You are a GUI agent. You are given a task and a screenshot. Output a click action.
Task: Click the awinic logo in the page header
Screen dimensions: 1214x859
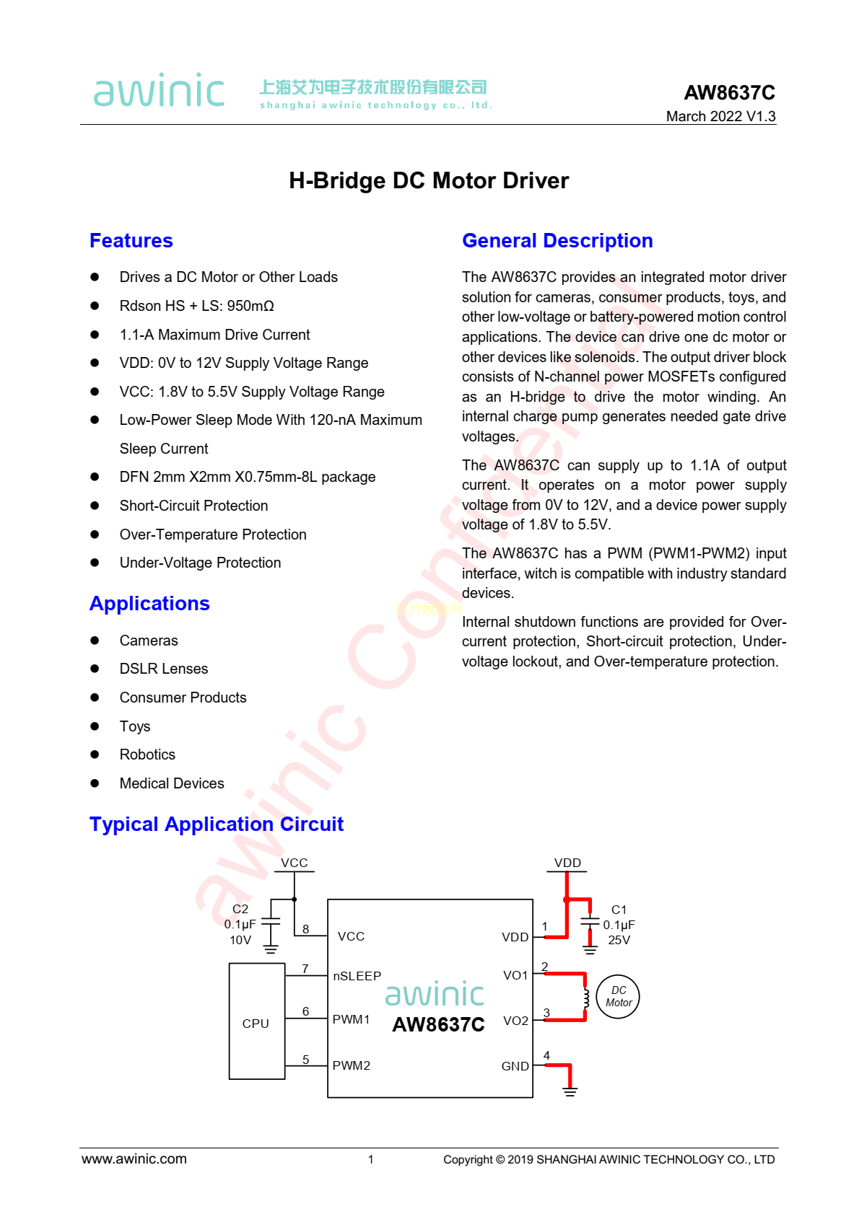(159, 91)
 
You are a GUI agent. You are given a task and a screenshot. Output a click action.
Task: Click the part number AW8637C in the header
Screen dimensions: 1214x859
(729, 93)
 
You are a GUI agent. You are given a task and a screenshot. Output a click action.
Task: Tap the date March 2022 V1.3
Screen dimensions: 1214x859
(720, 116)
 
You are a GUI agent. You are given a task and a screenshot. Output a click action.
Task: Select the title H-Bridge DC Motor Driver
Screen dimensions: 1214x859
(429, 180)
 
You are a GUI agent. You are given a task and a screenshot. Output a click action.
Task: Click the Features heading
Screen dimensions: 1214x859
(131, 241)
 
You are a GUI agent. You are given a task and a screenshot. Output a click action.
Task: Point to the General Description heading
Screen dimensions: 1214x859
(557, 241)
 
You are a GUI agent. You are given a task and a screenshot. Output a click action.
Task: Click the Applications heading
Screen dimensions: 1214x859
(149, 604)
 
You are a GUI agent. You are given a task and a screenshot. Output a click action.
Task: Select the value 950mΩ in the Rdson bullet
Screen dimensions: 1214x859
(250, 306)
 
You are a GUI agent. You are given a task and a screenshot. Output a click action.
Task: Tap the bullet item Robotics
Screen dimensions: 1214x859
(147, 755)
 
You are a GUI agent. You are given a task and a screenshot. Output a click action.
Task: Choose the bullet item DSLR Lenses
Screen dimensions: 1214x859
(164, 669)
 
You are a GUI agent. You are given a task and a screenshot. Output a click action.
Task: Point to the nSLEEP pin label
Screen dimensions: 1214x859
(357, 976)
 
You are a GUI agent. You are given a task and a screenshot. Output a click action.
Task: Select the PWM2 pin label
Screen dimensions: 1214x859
(351, 1065)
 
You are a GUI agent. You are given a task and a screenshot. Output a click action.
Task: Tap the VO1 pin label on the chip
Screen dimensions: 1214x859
(515, 975)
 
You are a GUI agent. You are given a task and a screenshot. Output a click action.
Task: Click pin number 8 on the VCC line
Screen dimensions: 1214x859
(306, 929)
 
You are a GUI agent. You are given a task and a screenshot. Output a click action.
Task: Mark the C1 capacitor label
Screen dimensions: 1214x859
(619, 910)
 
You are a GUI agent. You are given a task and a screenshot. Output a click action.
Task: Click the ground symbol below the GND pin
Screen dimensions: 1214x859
(570, 1091)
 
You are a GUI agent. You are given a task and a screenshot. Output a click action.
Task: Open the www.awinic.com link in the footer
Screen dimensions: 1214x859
(134, 1159)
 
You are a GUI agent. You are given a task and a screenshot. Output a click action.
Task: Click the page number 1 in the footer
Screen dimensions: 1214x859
(371, 1160)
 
